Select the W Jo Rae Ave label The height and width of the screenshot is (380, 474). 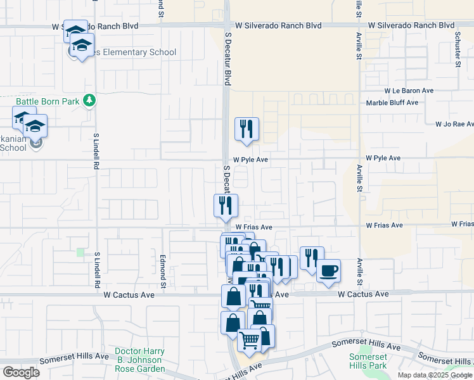[x=454, y=124]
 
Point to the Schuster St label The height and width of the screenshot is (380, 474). [x=457, y=50]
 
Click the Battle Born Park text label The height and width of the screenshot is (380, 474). [x=49, y=101]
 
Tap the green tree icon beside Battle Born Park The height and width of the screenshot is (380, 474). [x=90, y=100]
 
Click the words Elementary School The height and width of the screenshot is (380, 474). [x=136, y=53]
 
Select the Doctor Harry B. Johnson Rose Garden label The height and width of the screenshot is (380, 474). [x=139, y=360]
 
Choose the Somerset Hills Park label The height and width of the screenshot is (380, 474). [x=368, y=361]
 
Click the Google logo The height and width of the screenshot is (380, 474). [x=21, y=372]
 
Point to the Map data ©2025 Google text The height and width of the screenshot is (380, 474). [x=434, y=375]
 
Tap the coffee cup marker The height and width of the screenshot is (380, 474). [x=328, y=271]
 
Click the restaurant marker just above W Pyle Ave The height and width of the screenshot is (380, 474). [x=247, y=129]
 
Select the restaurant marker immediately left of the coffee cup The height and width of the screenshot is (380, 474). [x=311, y=258]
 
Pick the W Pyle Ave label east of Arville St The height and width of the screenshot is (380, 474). [x=383, y=158]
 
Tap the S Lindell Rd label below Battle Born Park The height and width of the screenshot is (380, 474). [x=97, y=151]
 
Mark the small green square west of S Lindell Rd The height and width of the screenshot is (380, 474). [x=80, y=253]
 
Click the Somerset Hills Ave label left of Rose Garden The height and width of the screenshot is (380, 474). [x=74, y=357]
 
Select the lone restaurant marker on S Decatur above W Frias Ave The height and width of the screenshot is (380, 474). [x=226, y=205]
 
